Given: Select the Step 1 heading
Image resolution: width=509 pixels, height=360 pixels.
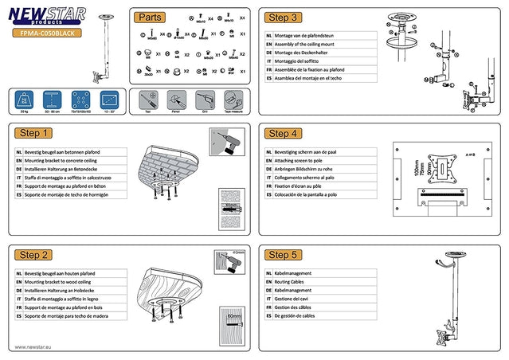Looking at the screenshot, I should pos(35,134).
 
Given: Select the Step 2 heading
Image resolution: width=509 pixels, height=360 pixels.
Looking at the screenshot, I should pos(35,255).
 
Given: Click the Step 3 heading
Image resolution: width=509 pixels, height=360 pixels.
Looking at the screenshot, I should pos(284,17).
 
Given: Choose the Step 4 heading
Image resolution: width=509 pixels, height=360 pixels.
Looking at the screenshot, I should pos(284,134).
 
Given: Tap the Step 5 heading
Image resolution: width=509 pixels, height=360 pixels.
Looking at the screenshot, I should pos(284,255).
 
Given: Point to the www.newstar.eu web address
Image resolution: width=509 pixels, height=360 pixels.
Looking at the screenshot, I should pos(33,347).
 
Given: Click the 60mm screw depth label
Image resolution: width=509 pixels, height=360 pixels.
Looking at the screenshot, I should pos(233,316).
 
